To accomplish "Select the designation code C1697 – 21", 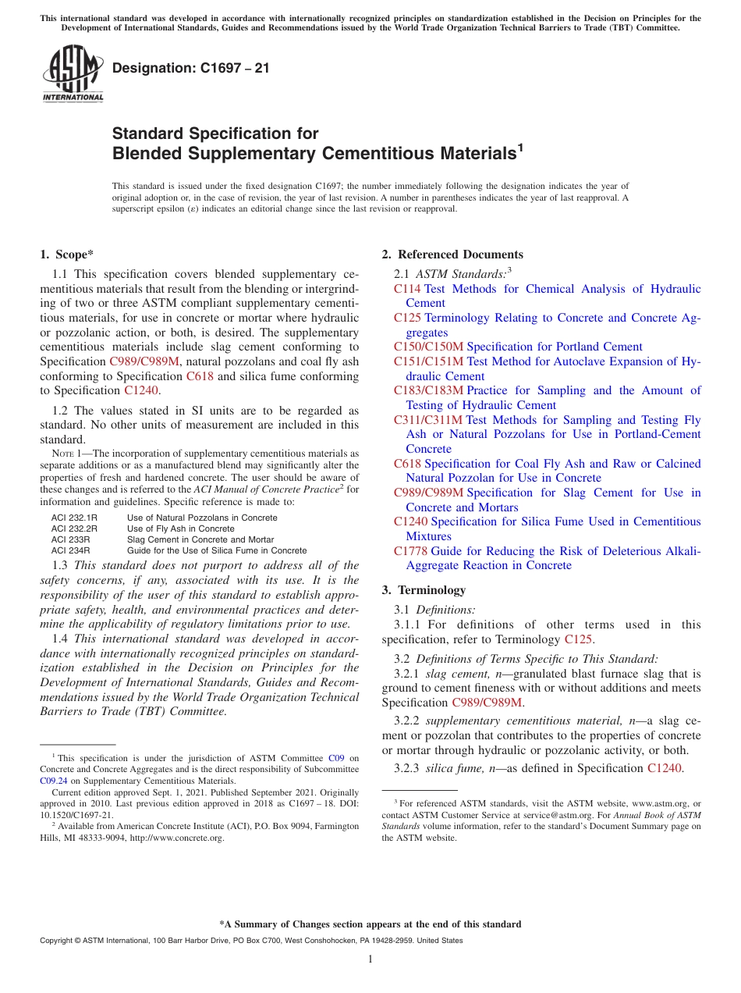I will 191,68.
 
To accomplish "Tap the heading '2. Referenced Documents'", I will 452,254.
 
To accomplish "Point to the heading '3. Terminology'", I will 424,590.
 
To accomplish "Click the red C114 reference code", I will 407,289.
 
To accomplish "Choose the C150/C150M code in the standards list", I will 428,347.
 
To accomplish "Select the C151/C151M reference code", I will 428,361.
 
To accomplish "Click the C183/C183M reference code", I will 428,390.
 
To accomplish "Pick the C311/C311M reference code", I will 428,420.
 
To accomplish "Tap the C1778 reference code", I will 410,551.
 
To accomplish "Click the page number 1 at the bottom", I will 370,959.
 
